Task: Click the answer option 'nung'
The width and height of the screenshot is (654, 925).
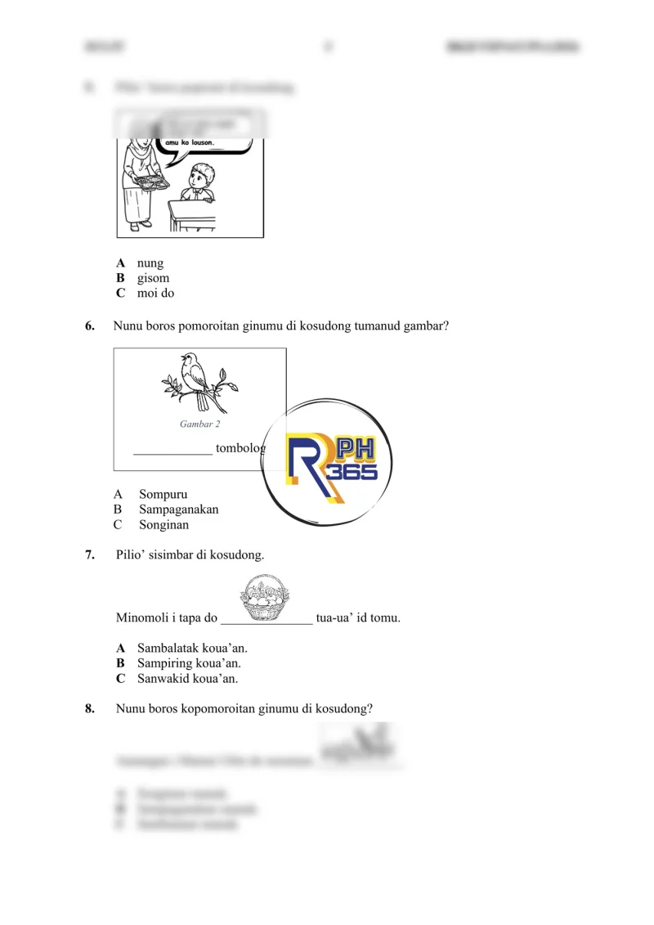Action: click(x=150, y=263)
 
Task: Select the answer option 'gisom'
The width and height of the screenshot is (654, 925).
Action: click(x=153, y=278)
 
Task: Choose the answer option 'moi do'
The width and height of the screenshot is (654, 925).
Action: click(x=155, y=293)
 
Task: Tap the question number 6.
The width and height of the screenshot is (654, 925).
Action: click(x=90, y=326)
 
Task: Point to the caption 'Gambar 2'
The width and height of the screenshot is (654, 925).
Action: click(x=199, y=424)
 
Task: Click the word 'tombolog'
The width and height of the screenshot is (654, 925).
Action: click(x=240, y=449)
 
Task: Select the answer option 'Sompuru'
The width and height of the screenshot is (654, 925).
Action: click(x=163, y=495)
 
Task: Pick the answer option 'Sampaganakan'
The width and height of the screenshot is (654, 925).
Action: click(x=178, y=510)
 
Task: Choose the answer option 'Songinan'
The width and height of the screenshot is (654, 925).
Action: click(x=163, y=524)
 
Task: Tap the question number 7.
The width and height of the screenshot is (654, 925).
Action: click(x=90, y=555)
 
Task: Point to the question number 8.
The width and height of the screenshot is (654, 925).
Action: click(x=90, y=708)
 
